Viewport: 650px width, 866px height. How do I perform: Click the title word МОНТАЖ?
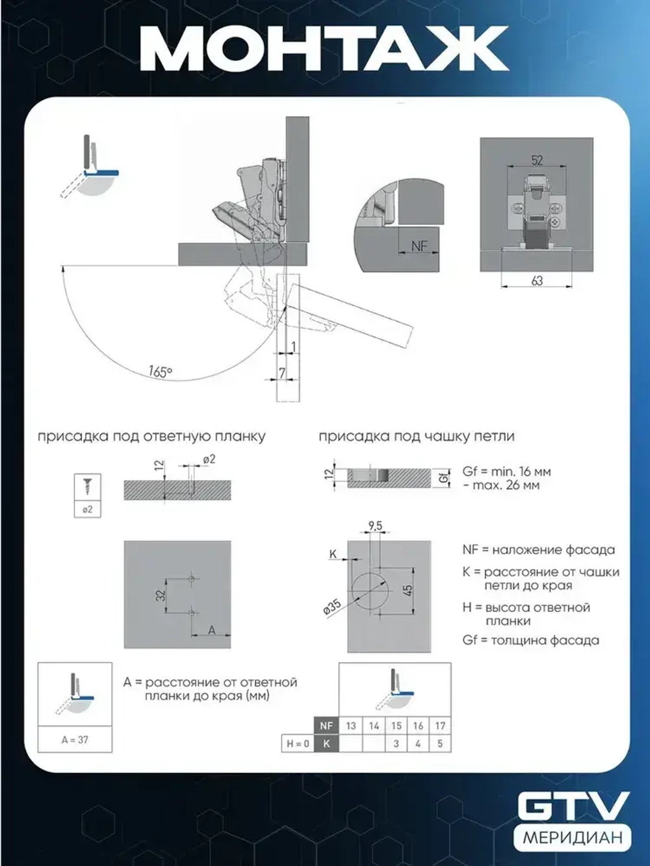[x=324, y=49]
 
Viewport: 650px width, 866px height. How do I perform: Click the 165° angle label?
[x=160, y=372]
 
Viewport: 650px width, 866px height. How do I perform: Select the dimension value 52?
[x=537, y=160]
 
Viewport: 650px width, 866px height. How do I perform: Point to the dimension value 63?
[x=537, y=281]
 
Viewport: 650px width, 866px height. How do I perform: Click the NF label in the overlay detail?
[x=419, y=246]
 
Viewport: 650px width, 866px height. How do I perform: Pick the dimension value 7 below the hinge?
[x=282, y=372]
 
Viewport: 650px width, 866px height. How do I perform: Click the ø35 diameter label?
[x=331, y=608]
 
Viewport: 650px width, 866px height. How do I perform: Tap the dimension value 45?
[x=408, y=590]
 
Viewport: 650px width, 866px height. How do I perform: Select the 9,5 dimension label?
[x=374, y=526]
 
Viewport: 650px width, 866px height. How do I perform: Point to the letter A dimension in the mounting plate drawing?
[x=211, y=630]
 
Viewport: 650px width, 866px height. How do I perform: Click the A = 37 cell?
[x=75, y=739]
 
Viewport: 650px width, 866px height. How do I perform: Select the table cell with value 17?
[x=440, y=726]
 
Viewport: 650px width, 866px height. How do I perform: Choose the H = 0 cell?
[x=298, y=743]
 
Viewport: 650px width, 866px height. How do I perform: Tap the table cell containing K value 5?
[x=440, y=743]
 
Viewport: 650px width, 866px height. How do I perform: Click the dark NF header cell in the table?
[x=326, y=726]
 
